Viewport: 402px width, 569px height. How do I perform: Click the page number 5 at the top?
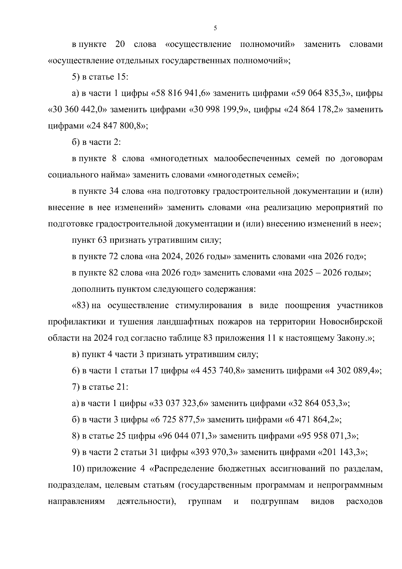click(215, 28)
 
